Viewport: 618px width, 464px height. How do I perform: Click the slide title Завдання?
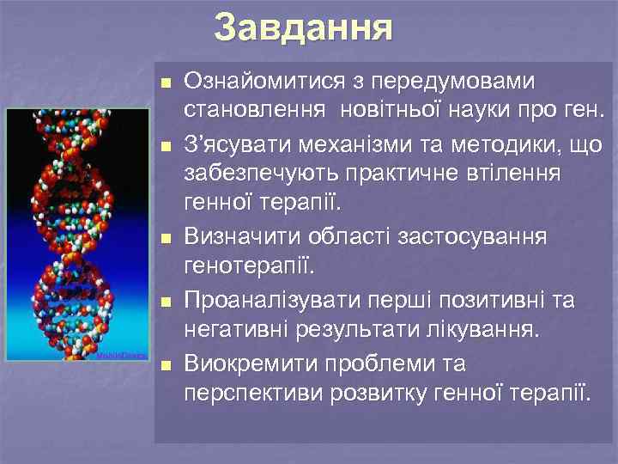click(x=303, y=27)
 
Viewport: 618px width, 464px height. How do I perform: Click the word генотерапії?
click(x=250, y=262)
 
